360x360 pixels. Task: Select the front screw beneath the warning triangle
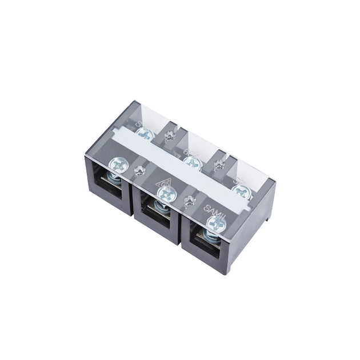[166, 195]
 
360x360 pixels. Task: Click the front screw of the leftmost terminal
[119, 165]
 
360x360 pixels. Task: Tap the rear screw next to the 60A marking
[193, 163]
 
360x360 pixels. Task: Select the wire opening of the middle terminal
[156, 215]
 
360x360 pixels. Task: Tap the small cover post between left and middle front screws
[138, 170]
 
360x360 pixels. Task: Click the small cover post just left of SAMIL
[188, 200]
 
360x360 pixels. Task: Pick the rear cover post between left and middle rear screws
[169, 137]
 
